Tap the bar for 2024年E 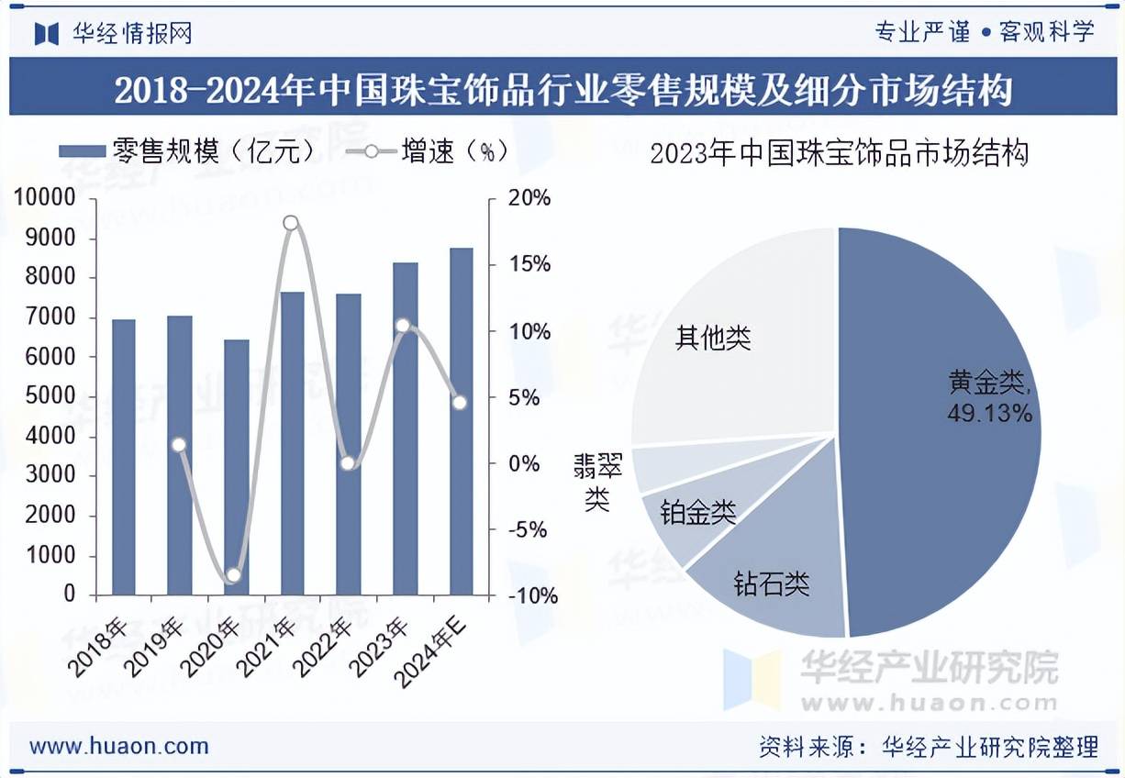[462, 421]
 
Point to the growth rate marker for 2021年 [292, 223]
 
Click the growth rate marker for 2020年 [233, 575]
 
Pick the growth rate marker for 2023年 [402, 326]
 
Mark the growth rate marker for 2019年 [180, 445]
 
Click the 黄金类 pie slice [945, 477]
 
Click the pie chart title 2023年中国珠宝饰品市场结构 [839, 153]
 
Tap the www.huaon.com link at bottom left [119, 746]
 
